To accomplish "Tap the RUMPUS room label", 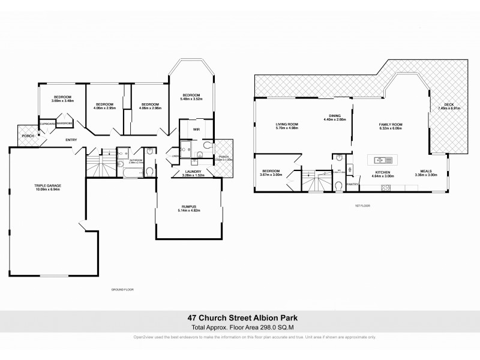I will [187, 206].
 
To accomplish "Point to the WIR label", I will [196, 128].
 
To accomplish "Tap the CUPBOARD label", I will [47, 124].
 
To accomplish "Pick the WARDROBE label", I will [65, 124].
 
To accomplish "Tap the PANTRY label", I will [352, 185].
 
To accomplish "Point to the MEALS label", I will [425, 172].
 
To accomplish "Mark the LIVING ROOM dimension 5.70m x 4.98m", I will [286, 128].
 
